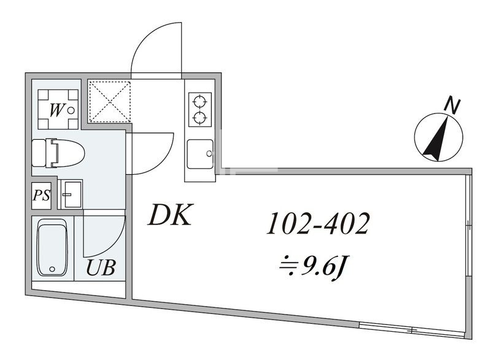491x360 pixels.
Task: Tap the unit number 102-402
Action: click(317, 225)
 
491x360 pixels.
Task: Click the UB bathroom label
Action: click(100, 269)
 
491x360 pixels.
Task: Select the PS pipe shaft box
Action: click(42, 196)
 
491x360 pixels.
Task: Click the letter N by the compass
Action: click(452, 105)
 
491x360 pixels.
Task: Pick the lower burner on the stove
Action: click(200, 117)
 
